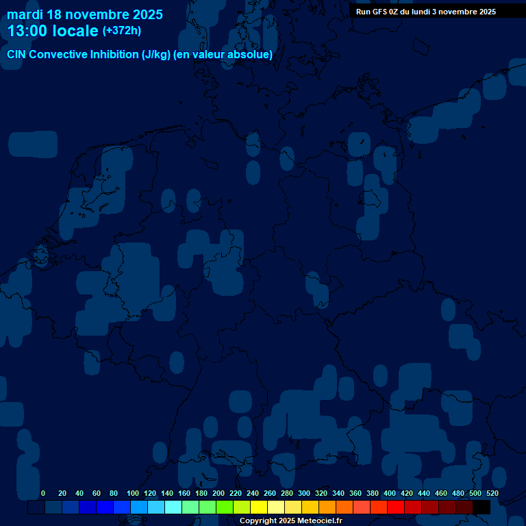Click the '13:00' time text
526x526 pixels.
pos(27,31)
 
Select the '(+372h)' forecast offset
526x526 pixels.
pos(121,31)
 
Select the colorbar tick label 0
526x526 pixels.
pos(43,493)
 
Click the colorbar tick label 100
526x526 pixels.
pos(133,493)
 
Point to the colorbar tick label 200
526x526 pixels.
pos(218,493)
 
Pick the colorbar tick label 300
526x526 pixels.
pos(304,493)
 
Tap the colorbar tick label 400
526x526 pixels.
pos(390,493)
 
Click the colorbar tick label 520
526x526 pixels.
pos(492,493)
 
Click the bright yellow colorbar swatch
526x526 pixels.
pos(259,508)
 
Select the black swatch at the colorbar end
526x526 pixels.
pos(481,508)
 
